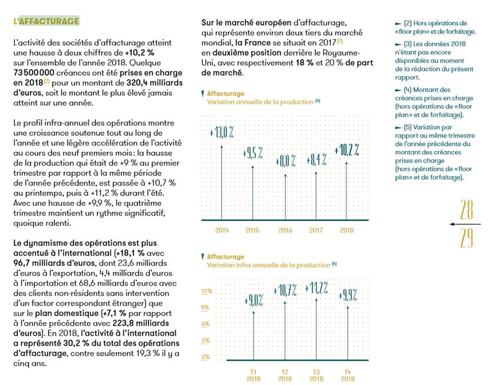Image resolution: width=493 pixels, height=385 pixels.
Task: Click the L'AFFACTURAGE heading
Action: click(x=46, y=21)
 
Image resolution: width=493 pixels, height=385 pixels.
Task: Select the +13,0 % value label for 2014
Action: click(x=221, y=133)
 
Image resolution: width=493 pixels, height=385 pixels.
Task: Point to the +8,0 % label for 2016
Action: click(x=285, y=161)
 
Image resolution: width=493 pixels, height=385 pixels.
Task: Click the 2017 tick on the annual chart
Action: click(x=316, y=230)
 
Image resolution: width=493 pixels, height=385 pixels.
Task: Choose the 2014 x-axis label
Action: click(x=222, y=230)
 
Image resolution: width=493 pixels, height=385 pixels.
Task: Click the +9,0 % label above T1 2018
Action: click(x=253, y=300)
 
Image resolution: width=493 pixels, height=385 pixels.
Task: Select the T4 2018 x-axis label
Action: click(x=347, y=375)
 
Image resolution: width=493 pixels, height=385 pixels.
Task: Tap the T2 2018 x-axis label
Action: click(x=285, y=375)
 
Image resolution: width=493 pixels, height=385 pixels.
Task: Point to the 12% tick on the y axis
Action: click(x=206, y=291)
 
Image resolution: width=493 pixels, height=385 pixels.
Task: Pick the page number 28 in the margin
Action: click(x=467, y=211)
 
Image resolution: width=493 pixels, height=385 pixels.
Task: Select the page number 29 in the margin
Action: click(x=467, y=237)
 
